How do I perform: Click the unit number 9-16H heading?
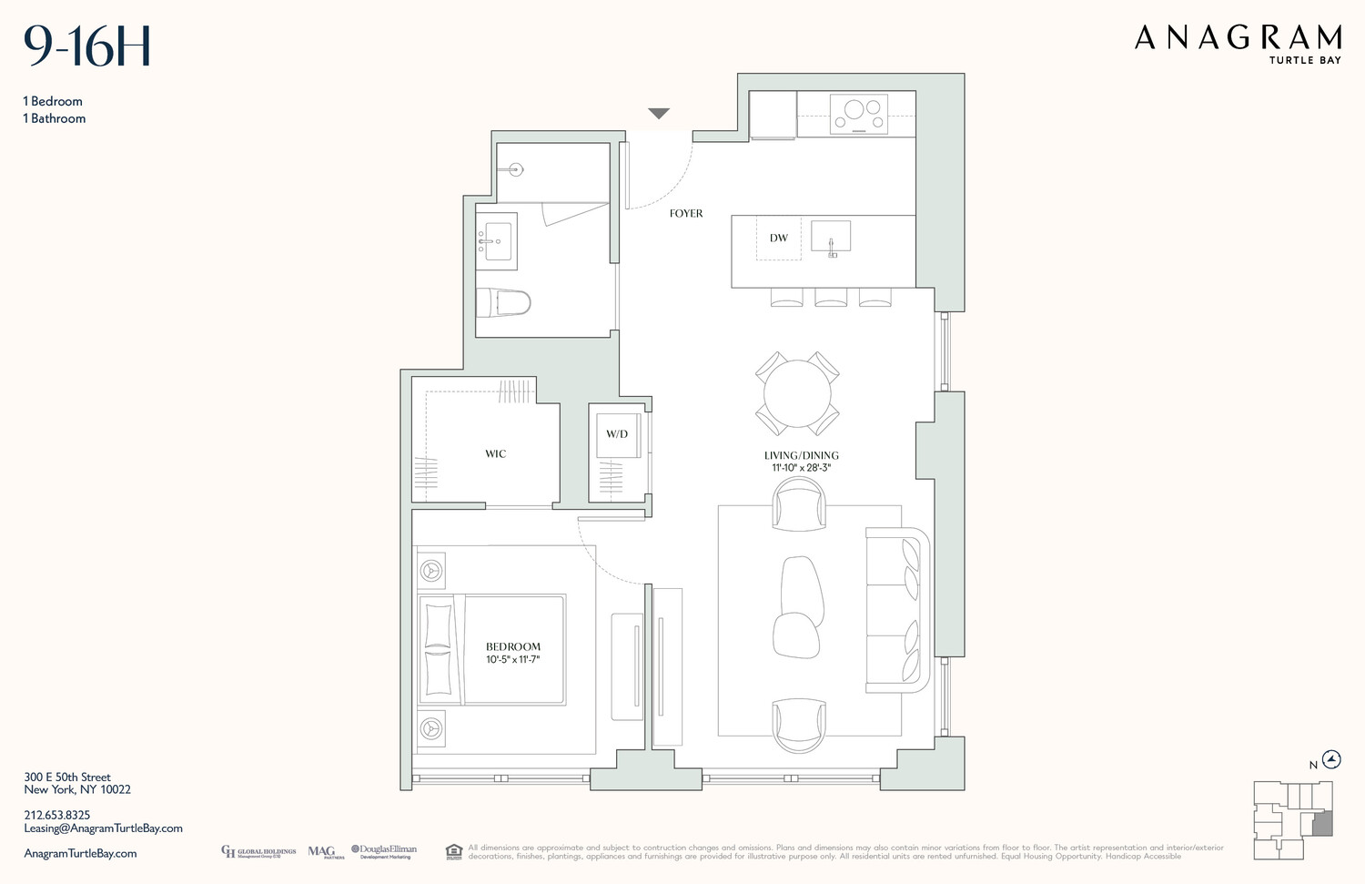[x=87, y=46]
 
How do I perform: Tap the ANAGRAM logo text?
[x=1238, y=38]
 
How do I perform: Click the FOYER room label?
[x=685, y=213]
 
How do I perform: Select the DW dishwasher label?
[x=778, y=239]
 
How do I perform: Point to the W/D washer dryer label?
[x=617, y=434]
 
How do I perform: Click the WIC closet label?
[x=495, y=453]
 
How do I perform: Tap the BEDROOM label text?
[x=513, y=646]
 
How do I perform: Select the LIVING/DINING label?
[x=801, y=455]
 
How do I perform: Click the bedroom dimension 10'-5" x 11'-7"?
[x=513, y=659]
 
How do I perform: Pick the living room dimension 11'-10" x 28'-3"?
[x=801, y=468]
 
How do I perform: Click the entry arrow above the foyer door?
[x=659, y=114]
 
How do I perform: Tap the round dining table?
[x=797, y=393]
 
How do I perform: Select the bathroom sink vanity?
[x=497, y=239]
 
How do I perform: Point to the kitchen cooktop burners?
[x=859, y=114]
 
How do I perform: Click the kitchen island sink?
[x=831, y=236]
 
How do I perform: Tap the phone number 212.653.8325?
[x=57, y=815]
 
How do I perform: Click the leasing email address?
[x=103, y=828]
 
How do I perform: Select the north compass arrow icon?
[x=1332, y=759]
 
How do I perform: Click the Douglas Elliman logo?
[x=384, y=851]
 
